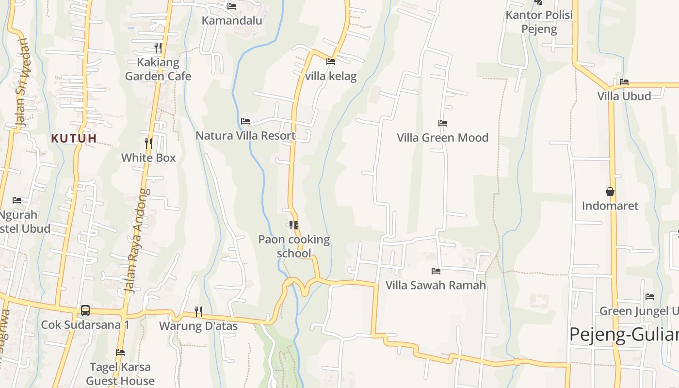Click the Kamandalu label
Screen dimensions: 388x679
click(x=232, y=20)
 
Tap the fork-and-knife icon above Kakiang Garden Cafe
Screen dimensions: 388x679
click(x=158, y=48)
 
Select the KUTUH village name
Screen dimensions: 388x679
click(x=74, y=138)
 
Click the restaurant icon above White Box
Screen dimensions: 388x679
click(x=148, y=143)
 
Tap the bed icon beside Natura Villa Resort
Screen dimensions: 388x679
click(x=245, y=121)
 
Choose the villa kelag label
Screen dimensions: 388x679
click(x=331, y=76)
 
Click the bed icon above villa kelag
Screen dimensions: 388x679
click(x=331, y=62)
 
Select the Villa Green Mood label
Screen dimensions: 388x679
click(x=442, y=138)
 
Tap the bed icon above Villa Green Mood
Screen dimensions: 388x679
click(x=442, y=123)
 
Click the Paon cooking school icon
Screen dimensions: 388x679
click(x=293, y=225)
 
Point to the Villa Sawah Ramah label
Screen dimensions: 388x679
click(x=436, y=285)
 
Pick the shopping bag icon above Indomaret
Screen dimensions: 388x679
click(x=610, y=192)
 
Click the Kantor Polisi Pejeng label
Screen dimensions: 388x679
click(x=539, y=22)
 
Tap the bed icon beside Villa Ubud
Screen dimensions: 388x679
click(x=624, y=82)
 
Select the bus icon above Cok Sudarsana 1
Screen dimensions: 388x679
click(x=85, y=310)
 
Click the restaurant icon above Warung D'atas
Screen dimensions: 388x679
click(x=198, y=311)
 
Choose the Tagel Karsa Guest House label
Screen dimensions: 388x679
click(x=120, y=373)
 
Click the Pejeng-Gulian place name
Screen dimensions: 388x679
click(x=624, y=335)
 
